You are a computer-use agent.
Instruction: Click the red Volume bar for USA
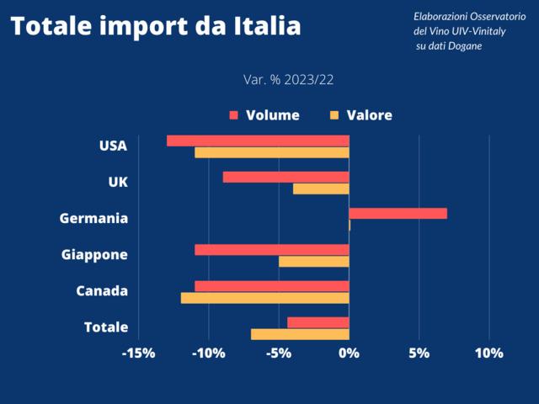tap(258, 141)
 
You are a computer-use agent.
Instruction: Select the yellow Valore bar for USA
tap(271, 152)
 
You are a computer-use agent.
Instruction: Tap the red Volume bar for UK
tap(286, 177)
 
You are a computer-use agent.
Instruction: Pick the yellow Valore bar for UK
tap(321, 189)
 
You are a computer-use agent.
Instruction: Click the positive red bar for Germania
tap(398, 213)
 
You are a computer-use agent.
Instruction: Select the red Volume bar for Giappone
tap(271, 250)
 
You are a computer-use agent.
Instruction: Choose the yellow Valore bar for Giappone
tap(313, 262)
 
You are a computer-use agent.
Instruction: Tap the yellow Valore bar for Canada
tap(264, 298)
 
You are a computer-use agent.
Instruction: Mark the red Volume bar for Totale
tap(318, 322)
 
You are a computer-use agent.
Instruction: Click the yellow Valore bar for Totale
tap(300, 334)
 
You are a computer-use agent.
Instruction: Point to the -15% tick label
tap(138, 353)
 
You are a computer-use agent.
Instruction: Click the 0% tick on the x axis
tap(349, 353)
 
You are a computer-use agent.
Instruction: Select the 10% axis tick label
tap(488, 353)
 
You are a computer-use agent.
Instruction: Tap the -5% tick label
tap(279, 353)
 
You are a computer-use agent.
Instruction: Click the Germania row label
tap(93, 219)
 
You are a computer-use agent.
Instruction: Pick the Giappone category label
tap(94, 255)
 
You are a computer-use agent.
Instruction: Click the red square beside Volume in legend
tap(233, 115)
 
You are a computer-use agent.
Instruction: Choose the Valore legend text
tap(370, 115)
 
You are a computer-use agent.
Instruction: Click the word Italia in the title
tap(265, 27)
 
